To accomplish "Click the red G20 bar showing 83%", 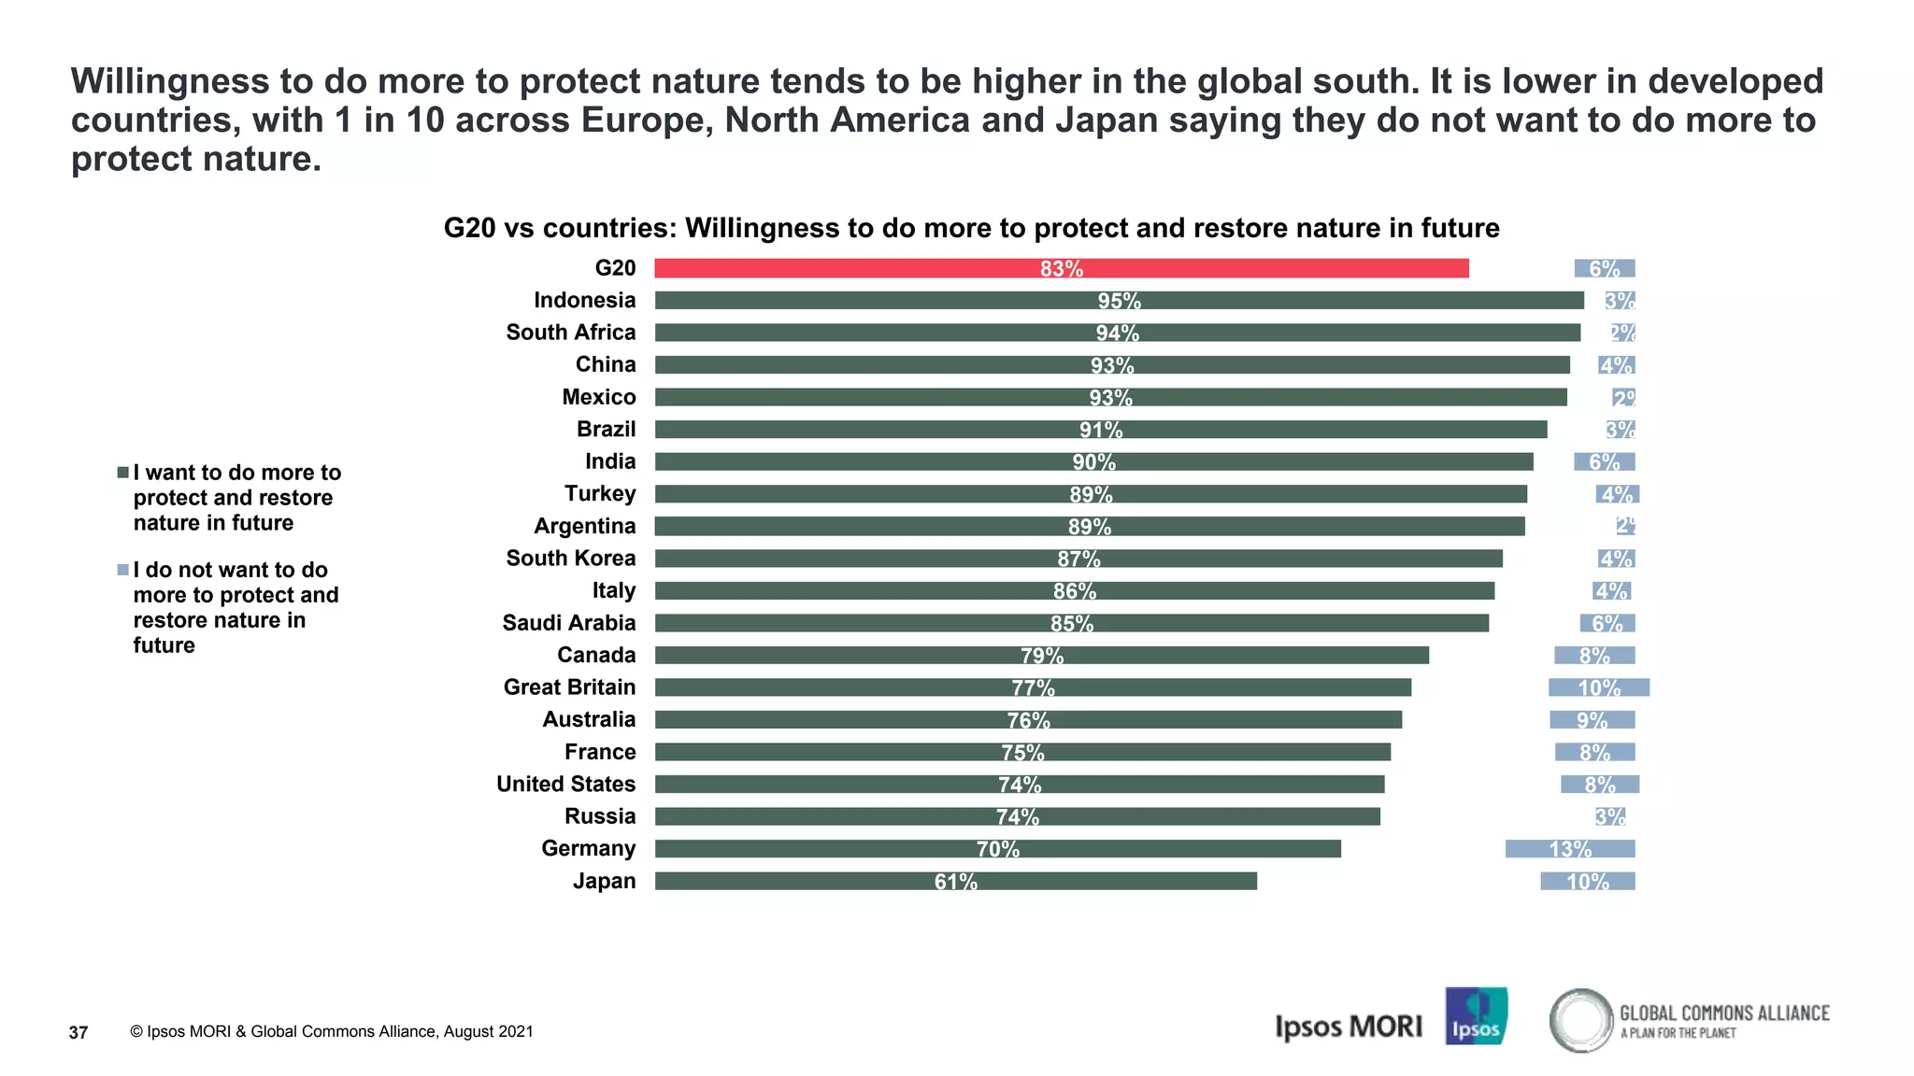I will [1061, 269].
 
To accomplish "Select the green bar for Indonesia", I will [1119, 301].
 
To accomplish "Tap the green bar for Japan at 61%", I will [955, 881].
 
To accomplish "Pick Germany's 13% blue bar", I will [1570, 849].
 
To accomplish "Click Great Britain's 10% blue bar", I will [1598, 687].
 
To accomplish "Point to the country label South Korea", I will [570, 559].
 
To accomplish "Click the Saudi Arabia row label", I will [568, 623].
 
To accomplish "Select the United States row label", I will [565, 785].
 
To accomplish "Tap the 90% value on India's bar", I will [1093, 462].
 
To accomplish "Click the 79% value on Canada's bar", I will [1041, 656].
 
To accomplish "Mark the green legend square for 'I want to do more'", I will [122, 473].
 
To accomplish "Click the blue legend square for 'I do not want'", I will [122, 570].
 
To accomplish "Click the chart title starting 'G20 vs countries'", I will [971, 228].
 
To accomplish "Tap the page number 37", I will [79, 1032].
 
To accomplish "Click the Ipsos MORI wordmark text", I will [1348, 1026].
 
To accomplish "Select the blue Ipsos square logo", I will [1476, 1016].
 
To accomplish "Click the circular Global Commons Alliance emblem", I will [1581, 1020].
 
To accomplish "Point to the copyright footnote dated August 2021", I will [332, 1032].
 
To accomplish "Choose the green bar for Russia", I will [1017, 816].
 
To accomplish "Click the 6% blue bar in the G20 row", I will [1604, 269].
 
